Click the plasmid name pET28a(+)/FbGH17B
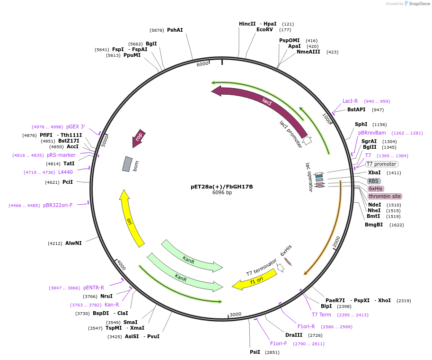[x=221, y=187]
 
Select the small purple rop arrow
[x=139, y=138]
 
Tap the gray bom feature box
[x=127, y=164]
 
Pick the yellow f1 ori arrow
[x=254, y=279]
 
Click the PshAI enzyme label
[x=175, y=30]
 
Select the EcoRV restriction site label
[x=264, y=29]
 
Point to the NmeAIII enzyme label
[x=308, y=52]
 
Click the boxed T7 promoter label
[x=382, y=164]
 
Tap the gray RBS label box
[x=373, y=181]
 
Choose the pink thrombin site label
[x=385, y=196]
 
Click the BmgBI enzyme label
[x=374, y=225]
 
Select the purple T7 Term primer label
[x=321, y=315]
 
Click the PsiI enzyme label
[x=255, y=352]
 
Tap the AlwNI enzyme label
[x=73, y=243]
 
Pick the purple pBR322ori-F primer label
[x=58, y=205]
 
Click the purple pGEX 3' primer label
[x=76, y=126]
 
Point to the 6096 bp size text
[x=222, y=193]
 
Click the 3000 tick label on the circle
[x=235, y=314]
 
